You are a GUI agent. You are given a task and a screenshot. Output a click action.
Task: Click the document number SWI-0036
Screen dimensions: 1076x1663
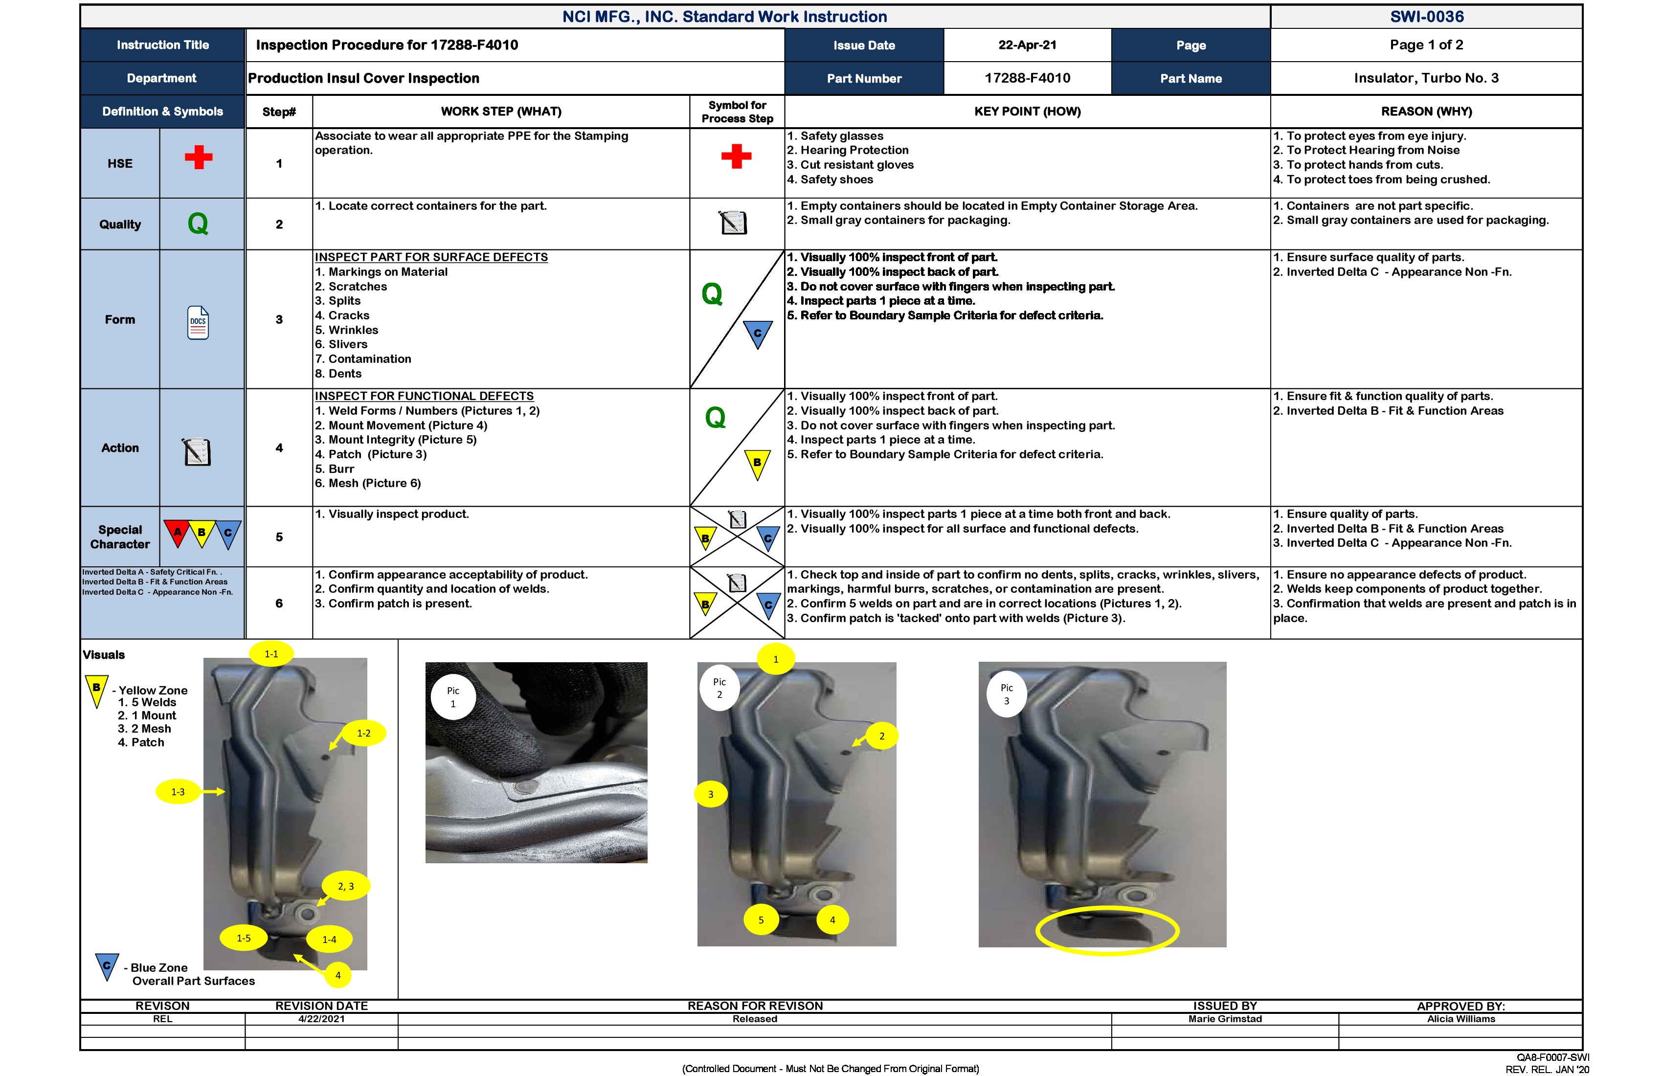coord(1426,17)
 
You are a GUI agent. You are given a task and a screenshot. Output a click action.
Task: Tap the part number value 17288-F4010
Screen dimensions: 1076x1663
coord(1027,78)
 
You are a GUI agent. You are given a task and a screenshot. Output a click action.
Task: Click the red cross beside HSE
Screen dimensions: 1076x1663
coord(199,157)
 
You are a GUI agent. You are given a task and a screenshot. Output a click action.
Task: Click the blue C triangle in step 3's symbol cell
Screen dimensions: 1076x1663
coord(758,334)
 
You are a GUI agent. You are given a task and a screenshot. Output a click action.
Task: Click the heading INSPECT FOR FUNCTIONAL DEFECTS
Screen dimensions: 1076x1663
coord(424,396)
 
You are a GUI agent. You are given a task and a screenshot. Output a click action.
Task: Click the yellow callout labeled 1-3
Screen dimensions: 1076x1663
coord(178,792)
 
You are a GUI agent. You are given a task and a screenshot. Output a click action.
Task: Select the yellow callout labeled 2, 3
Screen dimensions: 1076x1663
coord(346,886)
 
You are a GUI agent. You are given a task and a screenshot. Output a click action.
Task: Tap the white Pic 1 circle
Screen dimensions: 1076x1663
coord(453,696)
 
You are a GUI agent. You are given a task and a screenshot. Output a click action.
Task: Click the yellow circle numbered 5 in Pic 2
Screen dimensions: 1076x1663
coord(761,920)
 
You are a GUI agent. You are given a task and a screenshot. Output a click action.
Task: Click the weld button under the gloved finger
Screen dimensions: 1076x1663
coord(525,788)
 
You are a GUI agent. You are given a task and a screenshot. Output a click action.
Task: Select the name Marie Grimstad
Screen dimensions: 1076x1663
coord(1225,1019)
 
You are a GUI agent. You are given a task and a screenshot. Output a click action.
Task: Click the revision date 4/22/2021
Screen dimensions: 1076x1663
coord(321,1019)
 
